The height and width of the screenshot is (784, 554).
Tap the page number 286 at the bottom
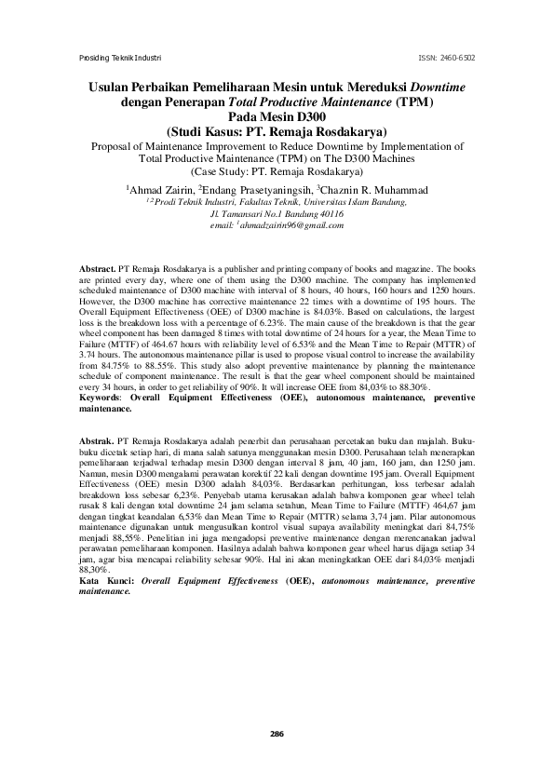coord(277,735)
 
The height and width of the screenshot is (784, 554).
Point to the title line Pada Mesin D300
coord(277,116)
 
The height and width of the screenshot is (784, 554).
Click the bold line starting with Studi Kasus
coord(277,131)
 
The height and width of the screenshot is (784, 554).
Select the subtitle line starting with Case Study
coord(277,171)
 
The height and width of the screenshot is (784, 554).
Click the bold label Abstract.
coord(98,268)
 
